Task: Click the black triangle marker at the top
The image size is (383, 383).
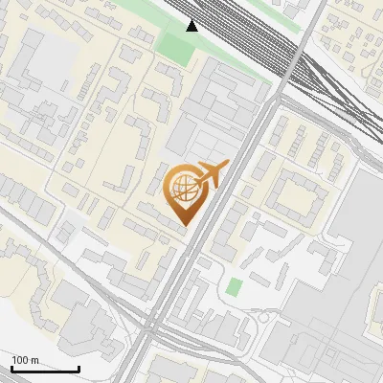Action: click(x=192, y=25)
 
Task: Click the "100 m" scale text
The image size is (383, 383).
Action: click(x=25, y=360)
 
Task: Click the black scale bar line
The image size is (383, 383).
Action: click(x=45, y=369)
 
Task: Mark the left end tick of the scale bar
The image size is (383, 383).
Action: click(x=11, y=368)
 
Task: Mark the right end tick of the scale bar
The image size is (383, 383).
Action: click(x=79, y=368)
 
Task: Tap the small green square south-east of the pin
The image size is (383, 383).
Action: click(x=234, y=286)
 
